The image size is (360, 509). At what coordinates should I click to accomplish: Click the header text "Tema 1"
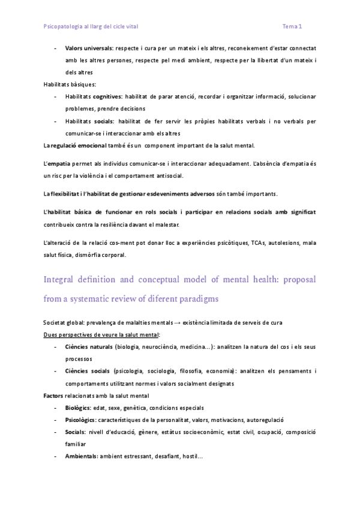pyautogui.click(x=292, y=26)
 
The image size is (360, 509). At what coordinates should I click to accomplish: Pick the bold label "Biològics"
pyautogui.click(x=78, y=408)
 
